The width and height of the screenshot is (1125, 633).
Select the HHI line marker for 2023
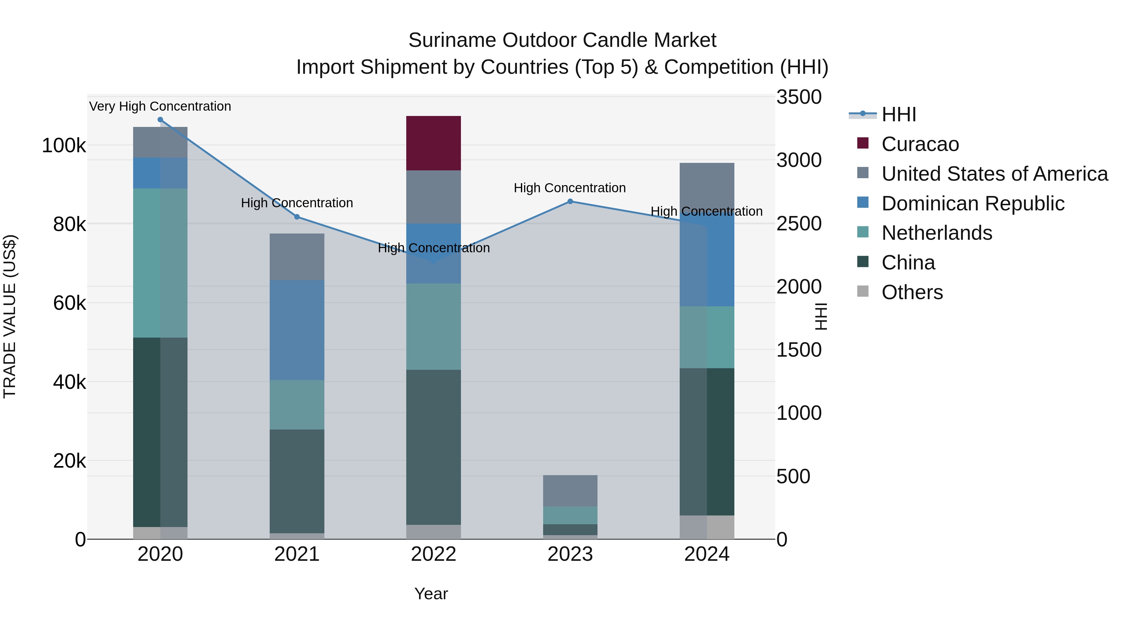pos(570,201)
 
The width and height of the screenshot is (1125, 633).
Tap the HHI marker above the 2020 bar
pos(160,120)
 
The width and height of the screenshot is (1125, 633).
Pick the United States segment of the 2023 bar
pos(570,490)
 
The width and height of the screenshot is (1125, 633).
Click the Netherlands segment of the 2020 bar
pos(160,263)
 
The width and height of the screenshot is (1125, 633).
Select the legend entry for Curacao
pos(920,144)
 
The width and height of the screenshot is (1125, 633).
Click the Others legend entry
pos(912,292)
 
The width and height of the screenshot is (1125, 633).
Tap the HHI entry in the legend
pos(898,114)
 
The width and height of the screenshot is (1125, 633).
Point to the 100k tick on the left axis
pos(64,145)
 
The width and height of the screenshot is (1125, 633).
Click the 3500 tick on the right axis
pos(798,97)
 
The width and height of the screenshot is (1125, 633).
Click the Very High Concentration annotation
pos(160,106)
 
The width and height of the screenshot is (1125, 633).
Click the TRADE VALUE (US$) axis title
pos(10,316)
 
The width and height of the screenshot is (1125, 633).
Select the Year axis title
pos(431,594)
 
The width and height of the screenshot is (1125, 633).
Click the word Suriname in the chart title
pos(452,40)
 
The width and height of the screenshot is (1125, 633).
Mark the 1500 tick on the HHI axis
pos(798,350)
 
